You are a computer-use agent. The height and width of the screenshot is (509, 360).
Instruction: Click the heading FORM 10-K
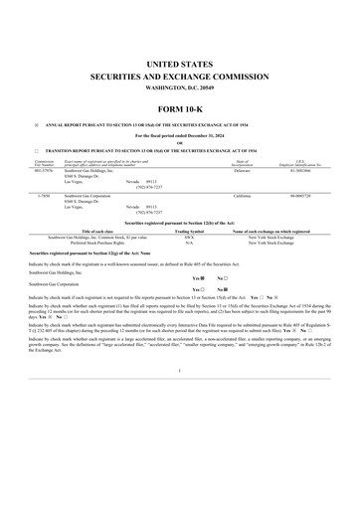179,107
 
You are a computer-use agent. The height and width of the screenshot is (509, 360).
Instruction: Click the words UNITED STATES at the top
179,62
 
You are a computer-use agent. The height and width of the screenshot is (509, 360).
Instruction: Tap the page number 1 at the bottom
179,399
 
